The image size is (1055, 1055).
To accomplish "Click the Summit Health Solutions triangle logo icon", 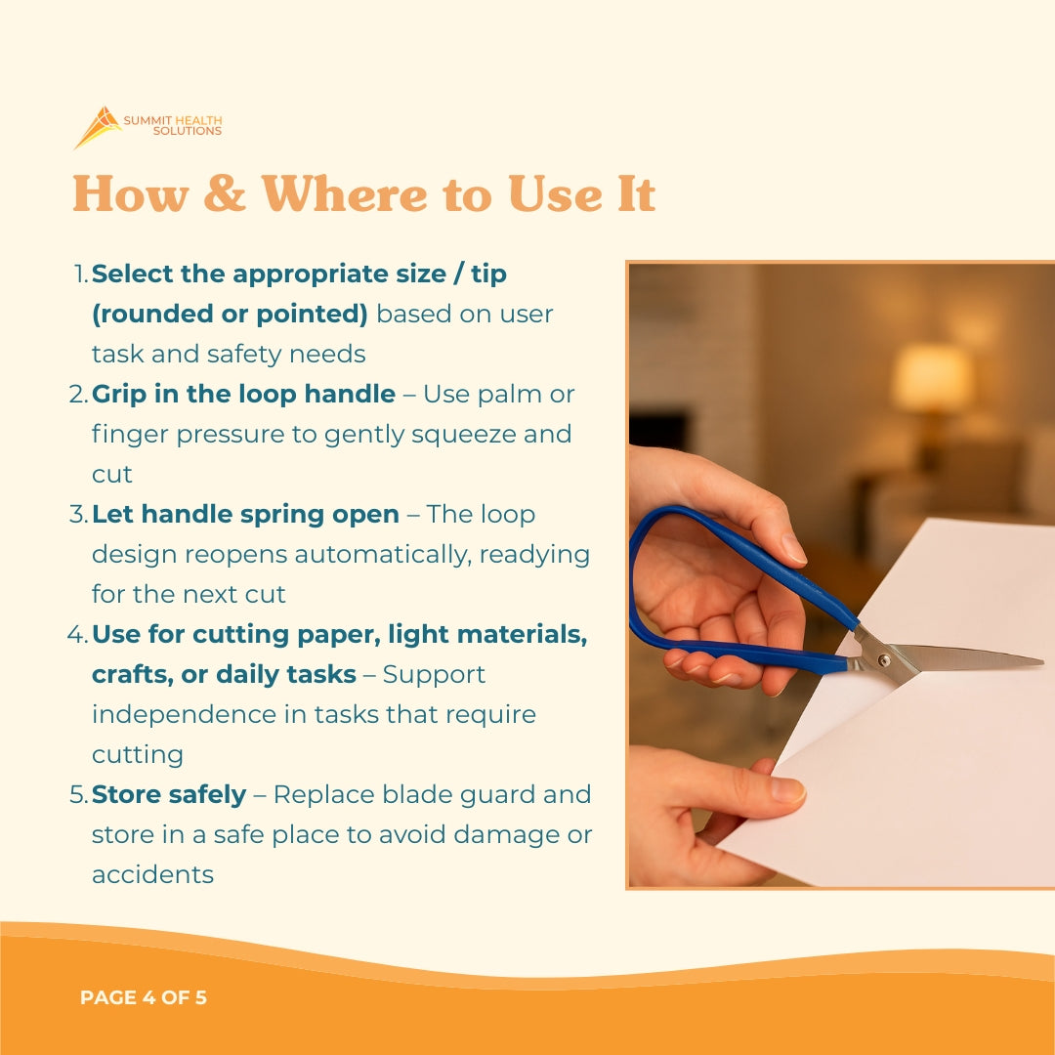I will [x=98, y=127].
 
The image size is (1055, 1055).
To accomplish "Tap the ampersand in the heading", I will [x=225, y=193].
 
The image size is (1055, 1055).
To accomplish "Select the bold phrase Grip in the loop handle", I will [x=243, y=394].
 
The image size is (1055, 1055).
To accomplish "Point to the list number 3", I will [x=78, y=514].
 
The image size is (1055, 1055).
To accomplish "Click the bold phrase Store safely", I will [x=168, y=794].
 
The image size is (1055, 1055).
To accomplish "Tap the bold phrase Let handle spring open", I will [x=245, y=514].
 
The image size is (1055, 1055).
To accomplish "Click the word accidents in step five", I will [x=152, y=874].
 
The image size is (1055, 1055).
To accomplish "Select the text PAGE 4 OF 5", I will [x=144, y=997].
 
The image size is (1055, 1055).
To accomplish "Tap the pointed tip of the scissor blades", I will [x=1038, y=663].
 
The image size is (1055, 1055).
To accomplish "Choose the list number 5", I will [x=78, y=794].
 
